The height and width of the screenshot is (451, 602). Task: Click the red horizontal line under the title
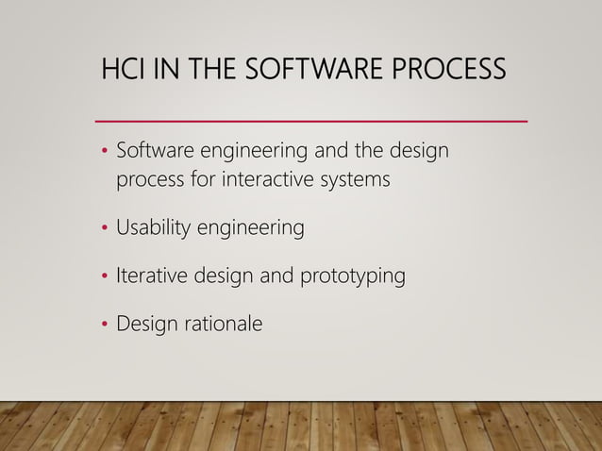tap(311, 121)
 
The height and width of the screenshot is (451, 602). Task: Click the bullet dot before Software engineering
tap(105, 152)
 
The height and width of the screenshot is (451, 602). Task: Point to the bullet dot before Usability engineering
tap(105, 228)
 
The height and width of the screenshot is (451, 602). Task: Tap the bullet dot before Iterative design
tap(105, 276)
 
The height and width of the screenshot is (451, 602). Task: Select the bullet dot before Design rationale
tap(105, 325)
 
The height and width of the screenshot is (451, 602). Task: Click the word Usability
tap(154, 228)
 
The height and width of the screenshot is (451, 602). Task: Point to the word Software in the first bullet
tap(152, 151)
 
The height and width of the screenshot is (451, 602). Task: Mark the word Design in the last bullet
tap(147, 325)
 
